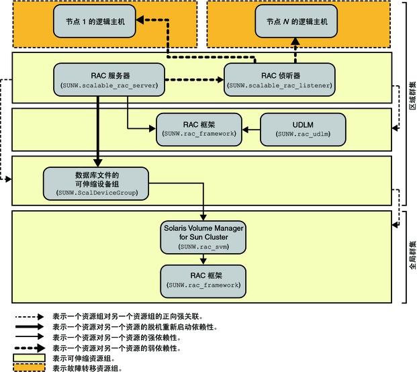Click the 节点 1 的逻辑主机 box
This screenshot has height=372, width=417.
[x=94, y=21]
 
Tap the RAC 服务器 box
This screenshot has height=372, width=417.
[x=109, y=79]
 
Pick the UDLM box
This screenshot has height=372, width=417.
[x=302, y=128]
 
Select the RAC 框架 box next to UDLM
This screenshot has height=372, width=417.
[x=199, y=128]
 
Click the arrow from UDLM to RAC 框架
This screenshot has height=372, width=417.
[x=251, y=128]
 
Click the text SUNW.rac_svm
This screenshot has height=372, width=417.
[x=203, y=247]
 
